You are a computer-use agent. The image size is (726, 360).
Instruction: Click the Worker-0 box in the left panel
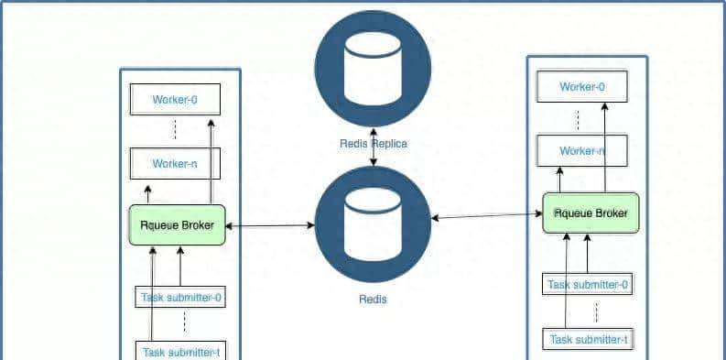175,99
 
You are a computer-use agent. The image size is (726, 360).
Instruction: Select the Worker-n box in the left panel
175,165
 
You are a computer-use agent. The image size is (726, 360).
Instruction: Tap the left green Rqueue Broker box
177,225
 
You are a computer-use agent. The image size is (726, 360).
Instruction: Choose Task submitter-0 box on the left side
181,298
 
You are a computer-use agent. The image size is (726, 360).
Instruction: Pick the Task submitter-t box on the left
181,352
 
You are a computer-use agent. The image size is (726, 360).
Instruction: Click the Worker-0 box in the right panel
582,87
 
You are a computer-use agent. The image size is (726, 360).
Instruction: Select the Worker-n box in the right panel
582,151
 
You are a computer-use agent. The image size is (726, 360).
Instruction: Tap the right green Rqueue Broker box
591,213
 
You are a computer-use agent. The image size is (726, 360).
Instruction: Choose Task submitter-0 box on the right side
588,285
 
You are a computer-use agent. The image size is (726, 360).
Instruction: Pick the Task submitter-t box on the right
588,341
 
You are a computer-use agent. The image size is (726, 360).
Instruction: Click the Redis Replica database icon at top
373,69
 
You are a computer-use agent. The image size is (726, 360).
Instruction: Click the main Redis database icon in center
373,224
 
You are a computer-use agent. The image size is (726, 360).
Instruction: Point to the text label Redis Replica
373,144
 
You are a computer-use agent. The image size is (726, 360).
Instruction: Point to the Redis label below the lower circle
373,300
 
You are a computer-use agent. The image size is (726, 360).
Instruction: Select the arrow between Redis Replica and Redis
373,160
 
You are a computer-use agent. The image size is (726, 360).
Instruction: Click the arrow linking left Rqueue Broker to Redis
270,225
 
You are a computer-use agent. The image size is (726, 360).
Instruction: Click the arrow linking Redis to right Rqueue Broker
487,215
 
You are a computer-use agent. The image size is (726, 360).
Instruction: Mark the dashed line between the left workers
175,131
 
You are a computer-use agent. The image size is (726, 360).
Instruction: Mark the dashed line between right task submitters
596,312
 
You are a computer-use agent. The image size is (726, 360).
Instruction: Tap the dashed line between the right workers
578,119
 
